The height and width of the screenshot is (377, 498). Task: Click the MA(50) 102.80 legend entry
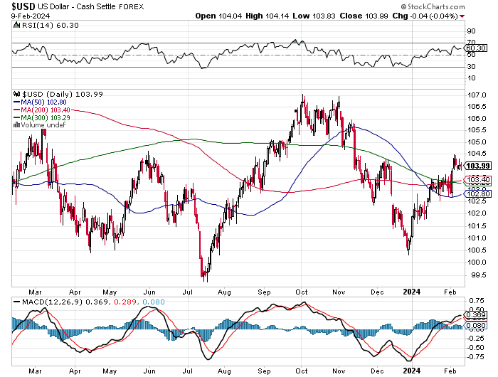click(41, 102)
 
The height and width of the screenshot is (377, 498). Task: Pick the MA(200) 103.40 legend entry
click(43, 110)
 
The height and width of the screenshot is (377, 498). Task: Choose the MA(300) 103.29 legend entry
click(43, 117)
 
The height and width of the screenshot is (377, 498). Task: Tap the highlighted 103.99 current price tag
click(477, 166)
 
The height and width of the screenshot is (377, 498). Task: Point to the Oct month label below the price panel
click(301, 291)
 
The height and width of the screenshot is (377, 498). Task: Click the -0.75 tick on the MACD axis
click(475, 356)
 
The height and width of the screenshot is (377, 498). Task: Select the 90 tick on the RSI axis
click(471, 31)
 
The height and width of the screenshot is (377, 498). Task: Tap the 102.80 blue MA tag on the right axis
click(477, 193)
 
